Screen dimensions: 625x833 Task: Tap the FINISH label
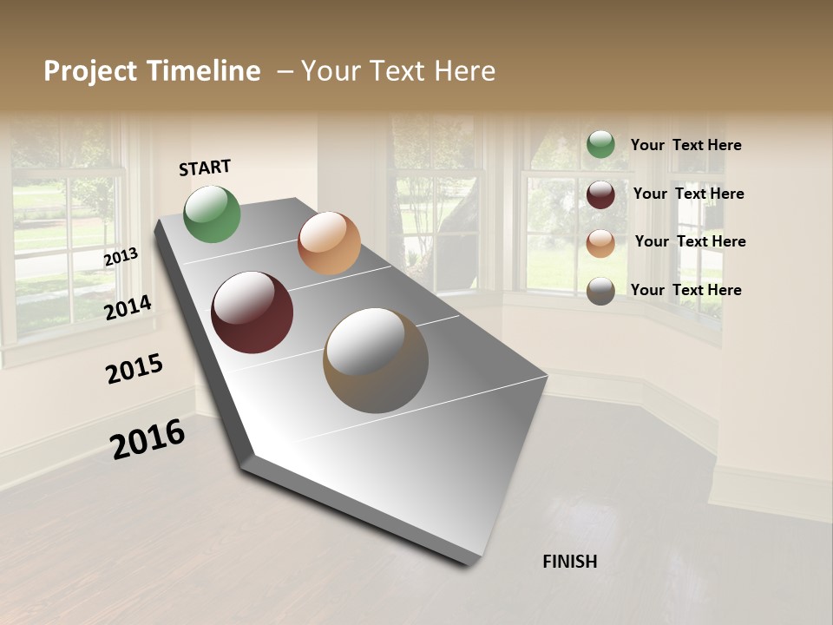(x=569, y=562)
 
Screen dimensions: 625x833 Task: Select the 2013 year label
(x=121, y=257)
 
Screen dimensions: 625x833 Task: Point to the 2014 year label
(x=128, y=307)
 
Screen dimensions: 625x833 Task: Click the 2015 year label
(x=134, y=369)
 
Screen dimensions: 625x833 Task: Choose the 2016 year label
(x=148, y=438)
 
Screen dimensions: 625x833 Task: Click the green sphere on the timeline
(x=212, y=214)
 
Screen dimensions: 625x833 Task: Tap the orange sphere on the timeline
(x=329, y=243)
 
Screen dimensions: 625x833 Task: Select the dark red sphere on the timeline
(x=252, y=312)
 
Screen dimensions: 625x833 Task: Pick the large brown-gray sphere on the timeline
(x=376, y=360)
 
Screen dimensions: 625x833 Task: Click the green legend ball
(x=600, y=144)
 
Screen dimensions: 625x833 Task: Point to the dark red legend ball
(x=600, y=194)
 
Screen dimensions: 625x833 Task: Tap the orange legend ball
(x=600, y=243)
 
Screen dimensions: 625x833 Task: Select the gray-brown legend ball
(x=600, y=291)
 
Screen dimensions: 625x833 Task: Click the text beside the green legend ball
(x=685, y=145)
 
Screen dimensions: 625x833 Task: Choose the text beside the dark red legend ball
(x=688, y=194)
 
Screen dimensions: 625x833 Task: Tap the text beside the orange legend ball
(x=690, y=241)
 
